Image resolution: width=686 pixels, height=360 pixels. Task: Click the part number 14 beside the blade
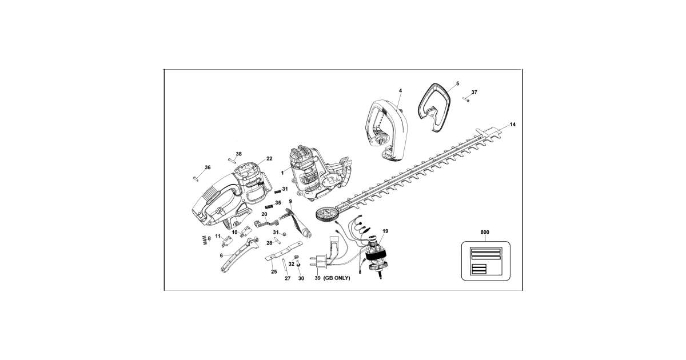tap(512, 124)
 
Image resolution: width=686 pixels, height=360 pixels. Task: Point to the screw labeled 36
tap(196, 178)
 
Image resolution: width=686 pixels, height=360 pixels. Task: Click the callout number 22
tap(269, 158)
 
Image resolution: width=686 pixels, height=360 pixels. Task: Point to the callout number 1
tap(282, 172)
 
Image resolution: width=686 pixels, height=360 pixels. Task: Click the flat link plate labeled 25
tap(284, 252)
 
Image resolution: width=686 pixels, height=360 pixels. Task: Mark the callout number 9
tap(290, 201)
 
